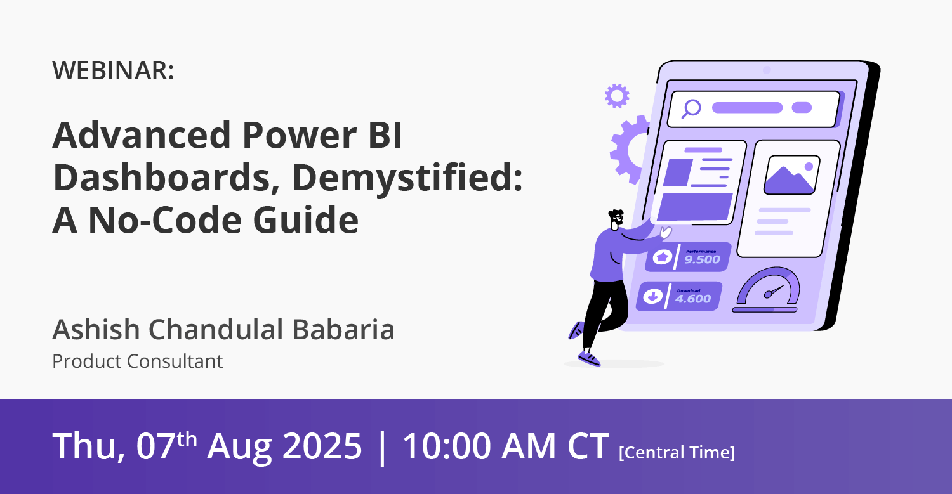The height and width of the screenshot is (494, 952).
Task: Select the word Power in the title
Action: click(x=300, y=135)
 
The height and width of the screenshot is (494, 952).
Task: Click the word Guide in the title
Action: click(x=306, y=220)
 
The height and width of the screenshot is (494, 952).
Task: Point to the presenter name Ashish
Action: click(x=96, y=329)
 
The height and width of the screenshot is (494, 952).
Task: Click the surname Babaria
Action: click(x=344, y=329)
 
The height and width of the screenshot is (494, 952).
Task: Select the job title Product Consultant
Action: click(x=137, y=361)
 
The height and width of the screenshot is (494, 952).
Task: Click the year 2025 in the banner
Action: click(x=322, y=446)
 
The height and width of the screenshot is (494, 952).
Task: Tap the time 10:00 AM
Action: click(x=479, y=446)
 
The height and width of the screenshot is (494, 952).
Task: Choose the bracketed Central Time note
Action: click(x=677, y=452)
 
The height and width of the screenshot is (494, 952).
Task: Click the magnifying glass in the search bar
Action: click(x=691, y=108)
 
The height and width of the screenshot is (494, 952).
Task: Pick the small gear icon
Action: click(x=617, y=96)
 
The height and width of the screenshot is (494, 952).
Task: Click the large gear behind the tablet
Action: click(x=628, y=150)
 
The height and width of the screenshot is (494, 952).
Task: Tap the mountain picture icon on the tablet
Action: click(x=791, y=175)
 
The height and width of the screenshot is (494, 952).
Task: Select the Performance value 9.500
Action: click(x=702, y=259)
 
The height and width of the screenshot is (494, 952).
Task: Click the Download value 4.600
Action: click(x=693, y=299)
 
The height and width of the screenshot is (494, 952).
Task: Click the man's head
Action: click(x=616, y=219)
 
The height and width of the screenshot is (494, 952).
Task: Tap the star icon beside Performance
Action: click(x=662, y=257)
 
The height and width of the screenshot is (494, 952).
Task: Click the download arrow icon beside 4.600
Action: click(x=653, y=296)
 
